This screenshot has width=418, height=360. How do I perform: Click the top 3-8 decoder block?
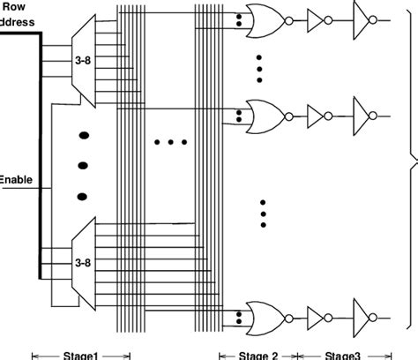click(x=82, y=60)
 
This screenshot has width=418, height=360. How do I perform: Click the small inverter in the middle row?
click(x=317, y=114)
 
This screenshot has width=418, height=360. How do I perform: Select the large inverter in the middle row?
click(x=363, y=114)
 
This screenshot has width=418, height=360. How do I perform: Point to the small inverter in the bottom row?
click(x=317, y=314)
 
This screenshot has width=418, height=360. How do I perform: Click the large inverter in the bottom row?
click(x=363, y=314)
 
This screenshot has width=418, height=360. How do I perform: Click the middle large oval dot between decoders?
click(x=85, y=165)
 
